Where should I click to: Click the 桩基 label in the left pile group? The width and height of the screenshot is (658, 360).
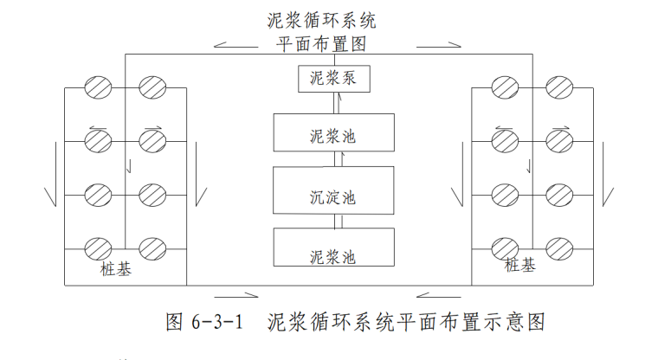115,271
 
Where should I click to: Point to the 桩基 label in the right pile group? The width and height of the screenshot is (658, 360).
519,265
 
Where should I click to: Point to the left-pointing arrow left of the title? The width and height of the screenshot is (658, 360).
233,42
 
